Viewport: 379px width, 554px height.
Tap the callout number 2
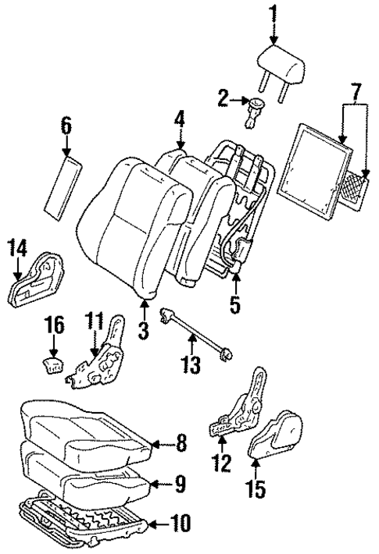point(223,98)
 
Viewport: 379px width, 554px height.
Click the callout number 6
point(66,124)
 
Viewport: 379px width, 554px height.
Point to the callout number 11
point(94,320)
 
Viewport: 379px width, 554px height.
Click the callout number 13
point(191,364)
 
